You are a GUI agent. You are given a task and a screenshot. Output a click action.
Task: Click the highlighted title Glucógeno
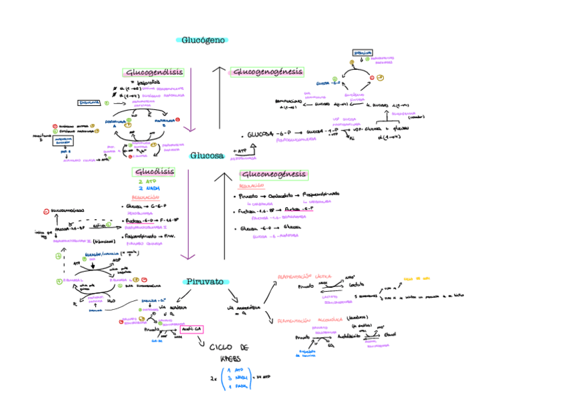click(203, 40)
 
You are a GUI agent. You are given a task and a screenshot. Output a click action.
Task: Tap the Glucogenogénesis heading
click(267, 72)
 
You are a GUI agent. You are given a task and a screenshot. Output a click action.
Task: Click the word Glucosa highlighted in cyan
click(207, 156)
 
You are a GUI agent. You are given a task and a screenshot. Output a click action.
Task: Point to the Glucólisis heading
click(155, 172)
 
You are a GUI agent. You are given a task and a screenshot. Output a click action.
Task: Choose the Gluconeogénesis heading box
click(274, 175)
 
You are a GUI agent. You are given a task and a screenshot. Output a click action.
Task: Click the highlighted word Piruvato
click(205, 282)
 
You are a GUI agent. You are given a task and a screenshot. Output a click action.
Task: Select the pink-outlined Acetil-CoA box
click(191, 329)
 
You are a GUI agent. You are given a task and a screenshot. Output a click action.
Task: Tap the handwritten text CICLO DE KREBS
click(229, 354)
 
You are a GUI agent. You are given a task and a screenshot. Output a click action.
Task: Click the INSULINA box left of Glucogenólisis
click(89, 103)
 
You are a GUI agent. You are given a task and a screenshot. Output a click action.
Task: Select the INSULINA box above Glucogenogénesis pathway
click(363, 52)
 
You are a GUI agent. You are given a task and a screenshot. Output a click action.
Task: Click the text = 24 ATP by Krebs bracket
click(261, 377)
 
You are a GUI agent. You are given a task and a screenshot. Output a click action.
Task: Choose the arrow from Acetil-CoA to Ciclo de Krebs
click(203, 340)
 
